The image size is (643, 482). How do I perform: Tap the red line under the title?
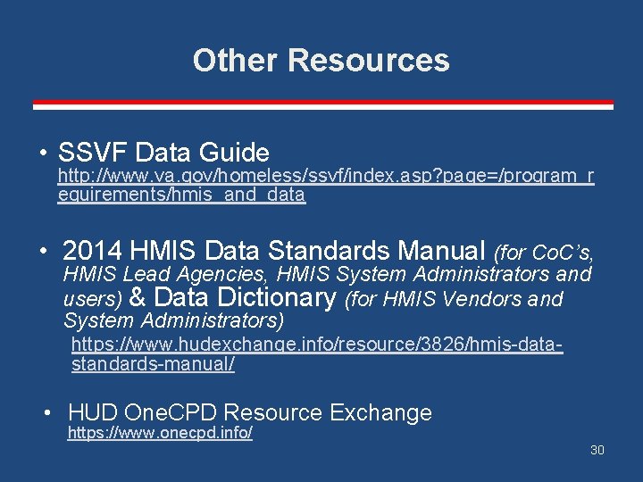click(323, 105)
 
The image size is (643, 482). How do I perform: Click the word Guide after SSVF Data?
click(234, 153)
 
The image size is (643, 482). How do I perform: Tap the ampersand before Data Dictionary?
click(138, 297)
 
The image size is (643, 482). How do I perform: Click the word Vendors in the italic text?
click(486, 299)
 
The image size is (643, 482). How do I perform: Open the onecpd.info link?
click(160, 434)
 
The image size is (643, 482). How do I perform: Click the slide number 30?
click(597, 450)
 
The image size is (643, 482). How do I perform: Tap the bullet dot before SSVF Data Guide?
click(42, 153)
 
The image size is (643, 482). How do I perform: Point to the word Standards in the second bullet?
click(335, 250)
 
